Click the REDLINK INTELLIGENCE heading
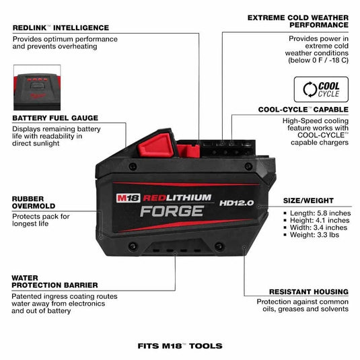[61, 28]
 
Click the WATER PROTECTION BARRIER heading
[54, 281]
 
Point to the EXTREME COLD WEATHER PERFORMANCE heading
[298, 21]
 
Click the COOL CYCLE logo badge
[321, 89]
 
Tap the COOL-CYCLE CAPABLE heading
[302, 109]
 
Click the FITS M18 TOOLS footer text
[180, 346]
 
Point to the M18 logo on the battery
[128, 199]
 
